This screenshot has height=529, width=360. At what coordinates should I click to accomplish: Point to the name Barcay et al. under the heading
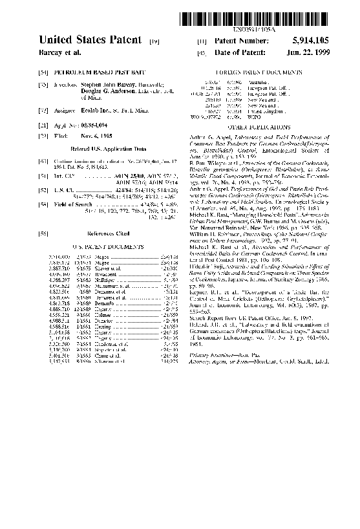[59, 52]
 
